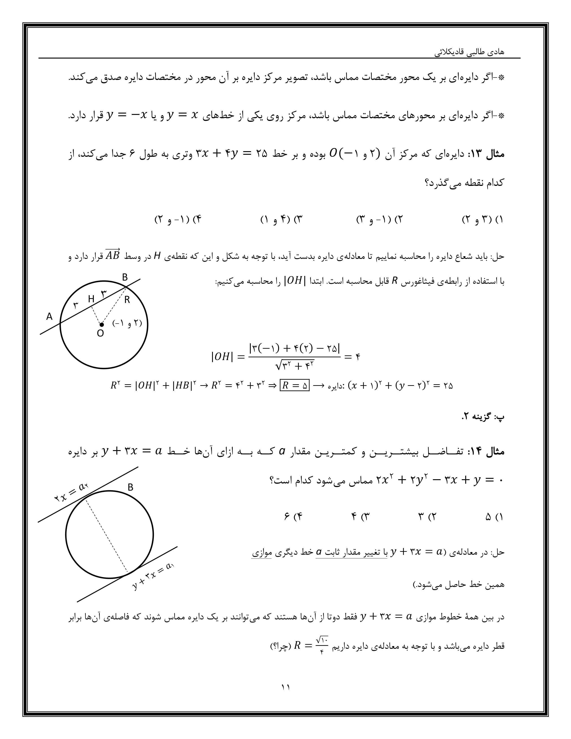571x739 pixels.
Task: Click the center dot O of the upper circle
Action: pyautogui.click(x=101, y=324)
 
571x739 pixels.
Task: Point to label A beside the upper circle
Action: pyautogui.click(x=49, y=316)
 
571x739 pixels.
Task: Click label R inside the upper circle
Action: pyautogui.click(x=127, y=300)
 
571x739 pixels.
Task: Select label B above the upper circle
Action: pyautogui.click(x=125, y=277)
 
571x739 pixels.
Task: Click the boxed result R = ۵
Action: pyautogui.click(x=295, y=386)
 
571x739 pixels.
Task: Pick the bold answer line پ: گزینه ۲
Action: pyautogui.click(x=483, y=417)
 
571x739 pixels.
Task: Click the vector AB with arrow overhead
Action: pyautogui.click(x=112, y=255)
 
